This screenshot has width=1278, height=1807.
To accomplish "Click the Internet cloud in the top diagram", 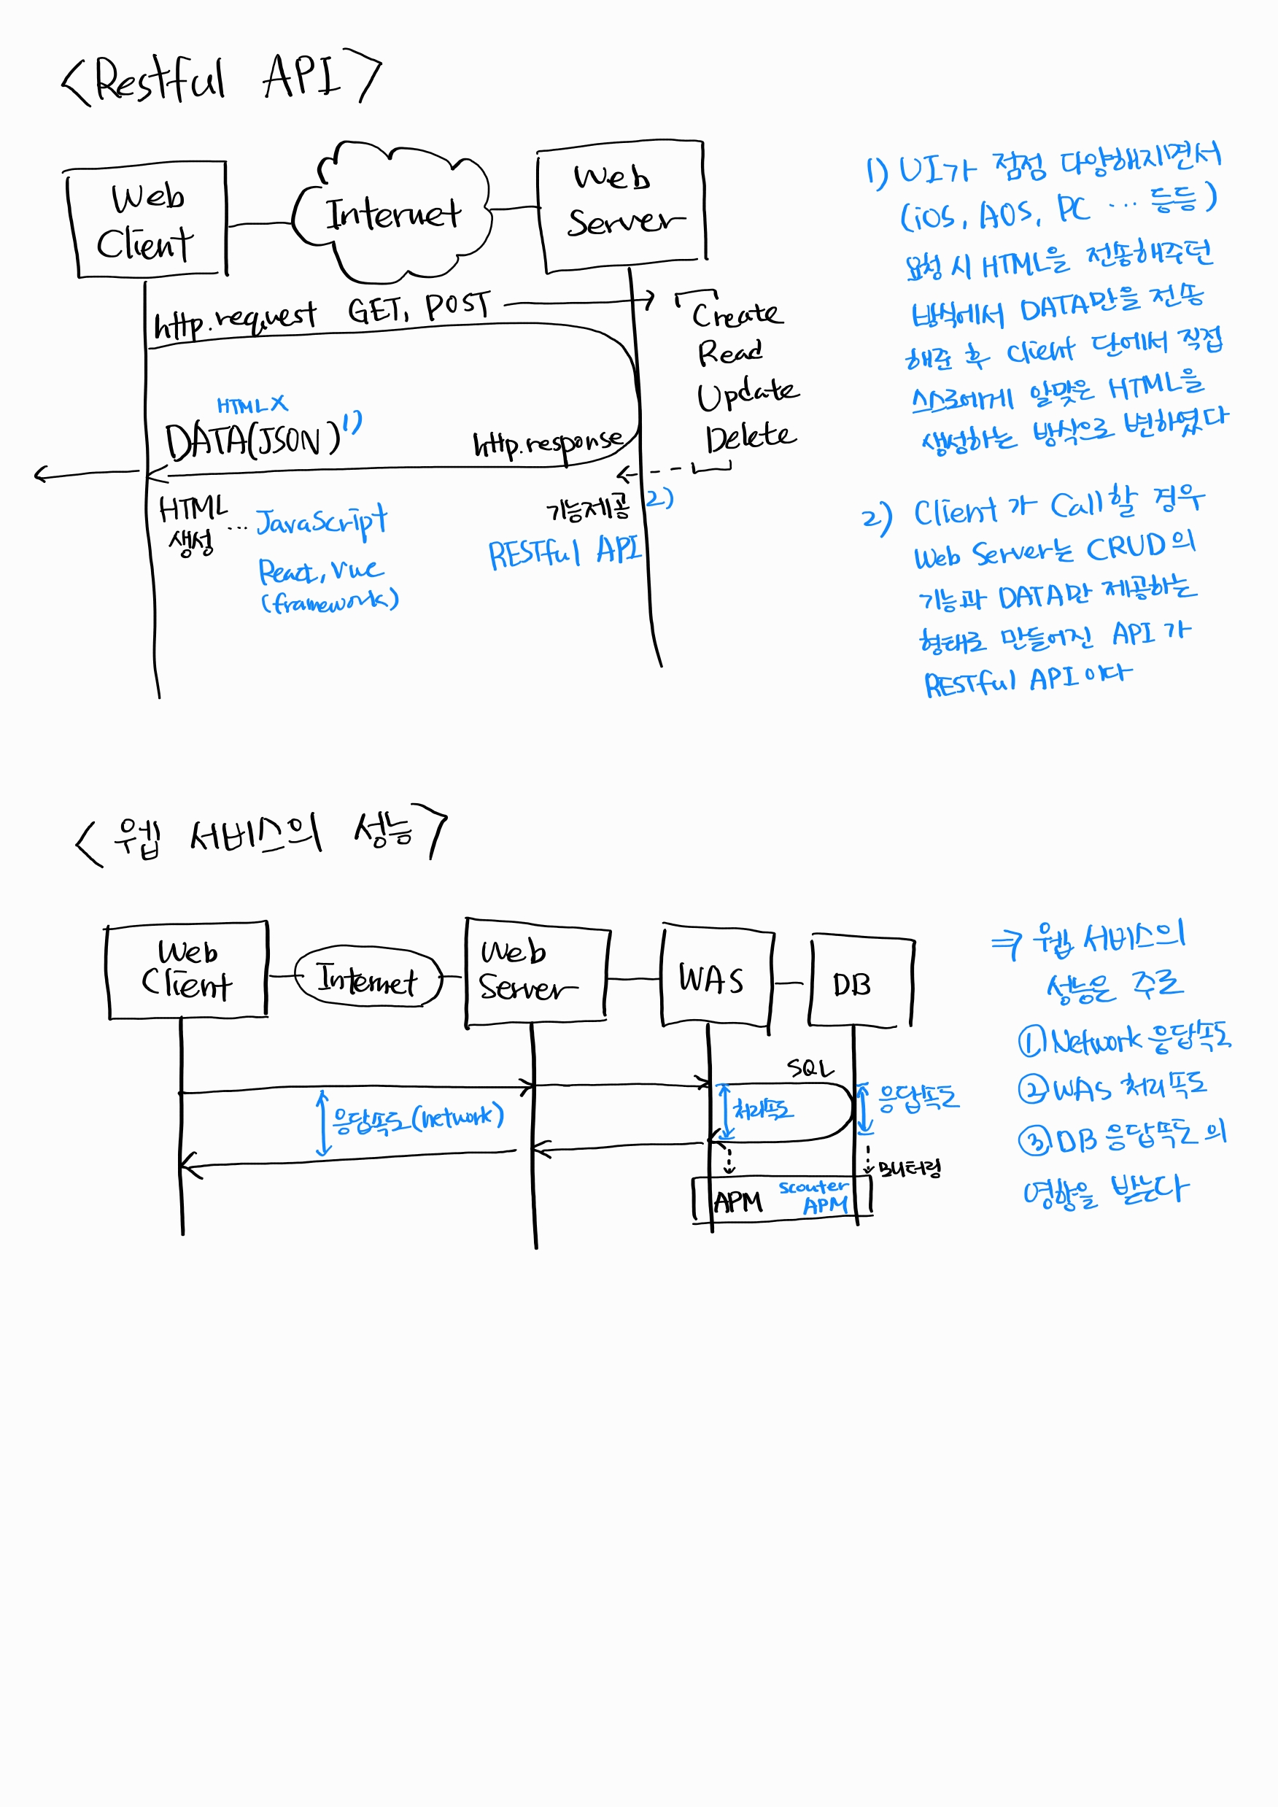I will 391,212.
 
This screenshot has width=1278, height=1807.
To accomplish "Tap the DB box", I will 859,982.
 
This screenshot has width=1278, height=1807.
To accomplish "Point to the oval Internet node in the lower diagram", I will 368,979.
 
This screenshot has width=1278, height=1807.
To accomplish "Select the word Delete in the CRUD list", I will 750,438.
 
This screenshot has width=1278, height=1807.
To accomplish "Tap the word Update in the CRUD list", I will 747,392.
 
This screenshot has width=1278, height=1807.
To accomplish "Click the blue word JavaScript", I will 322,521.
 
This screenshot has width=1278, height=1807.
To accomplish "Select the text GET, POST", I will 419,308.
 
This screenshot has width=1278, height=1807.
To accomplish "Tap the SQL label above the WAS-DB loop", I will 810,1068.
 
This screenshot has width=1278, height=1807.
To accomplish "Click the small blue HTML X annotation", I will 252,406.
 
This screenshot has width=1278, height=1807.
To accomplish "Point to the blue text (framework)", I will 330,602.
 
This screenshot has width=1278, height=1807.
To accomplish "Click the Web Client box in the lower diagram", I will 187,970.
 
